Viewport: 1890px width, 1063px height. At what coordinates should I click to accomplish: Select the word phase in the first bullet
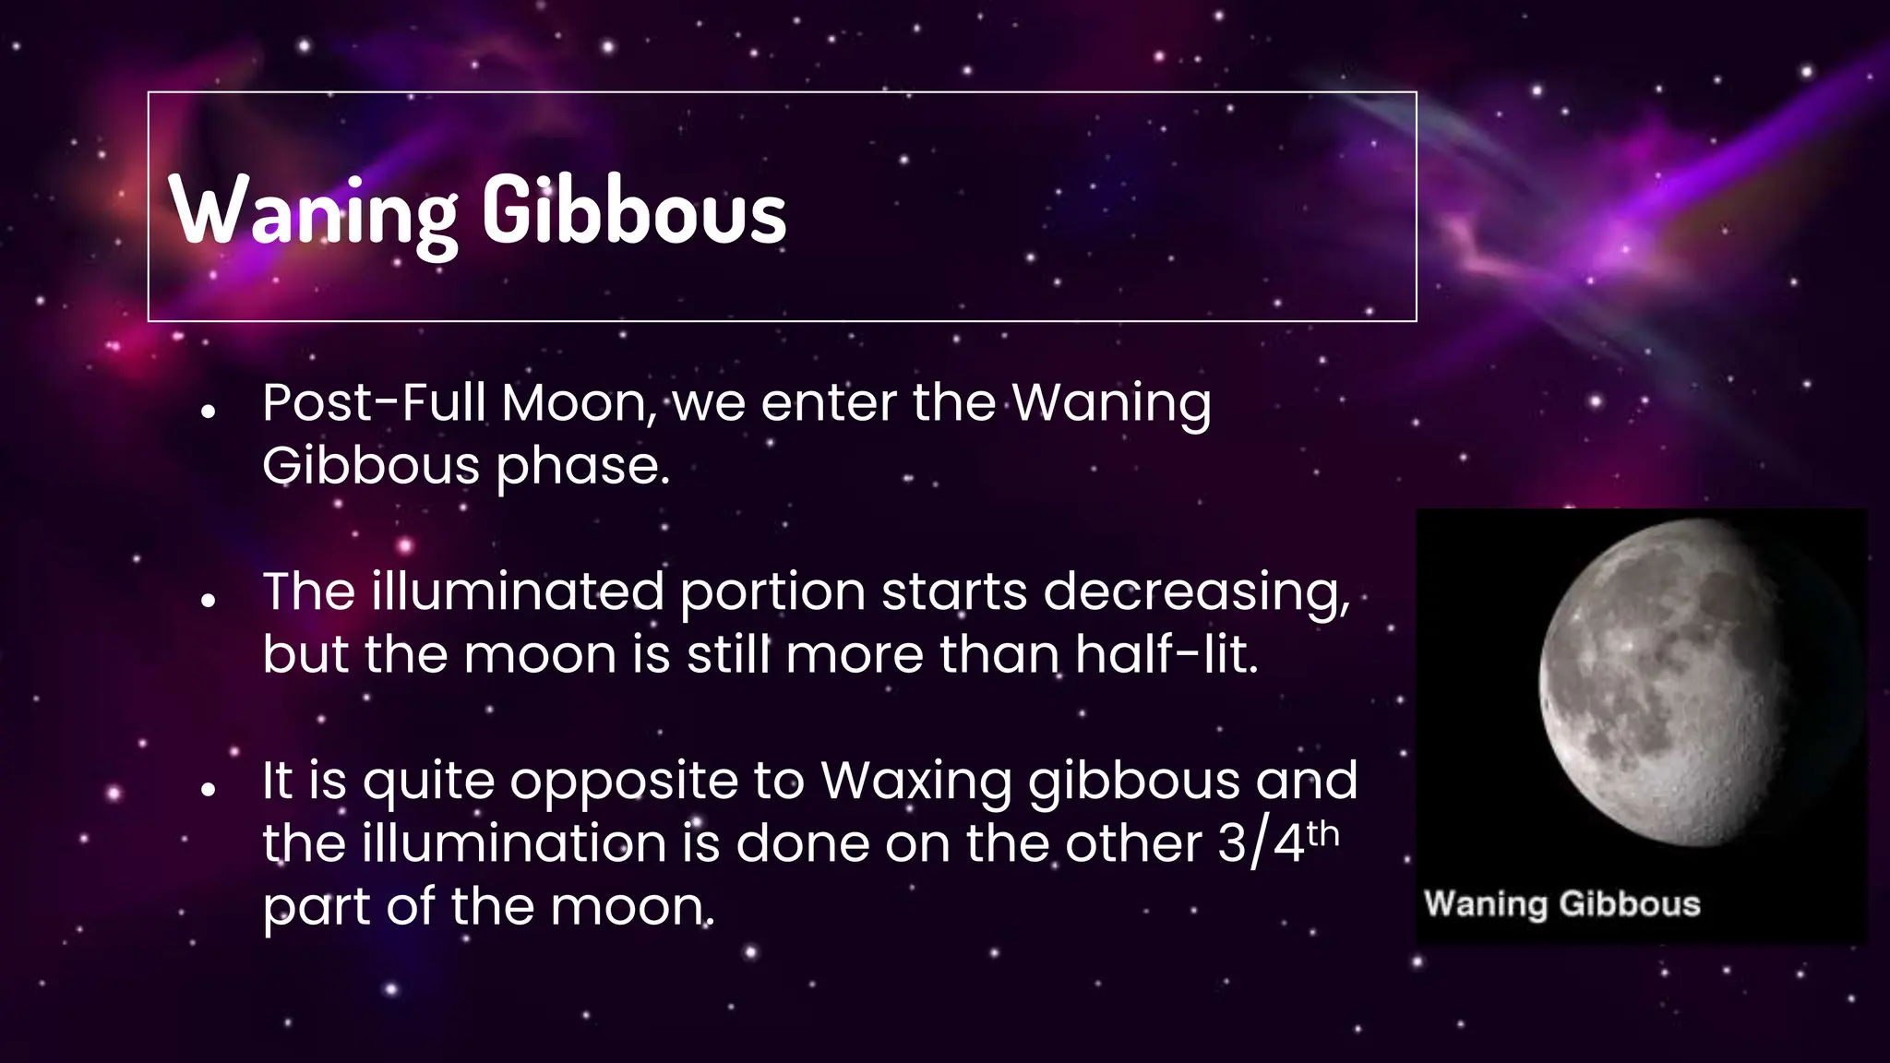[x=580, y=466]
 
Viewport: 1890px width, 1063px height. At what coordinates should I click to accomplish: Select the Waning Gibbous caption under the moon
[x=1561, y=903]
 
